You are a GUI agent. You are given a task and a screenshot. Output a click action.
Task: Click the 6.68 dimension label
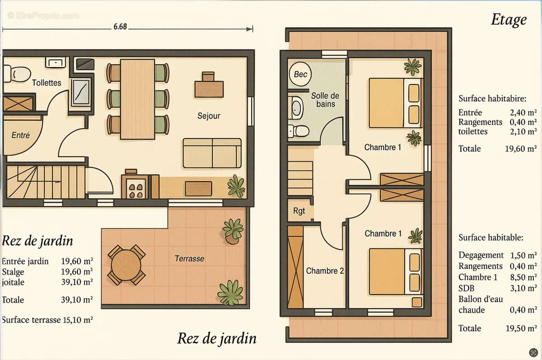tap(120, 27)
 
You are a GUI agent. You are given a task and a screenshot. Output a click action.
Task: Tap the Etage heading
tap(509, 20)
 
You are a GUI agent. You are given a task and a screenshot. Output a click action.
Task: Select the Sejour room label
tap(209, 116)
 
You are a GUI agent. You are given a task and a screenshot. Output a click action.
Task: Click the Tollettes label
tap(47, 83)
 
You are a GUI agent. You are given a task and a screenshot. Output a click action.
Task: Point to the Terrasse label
tap(189, 259)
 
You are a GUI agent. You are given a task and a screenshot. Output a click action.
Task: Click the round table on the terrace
tap(126, 265)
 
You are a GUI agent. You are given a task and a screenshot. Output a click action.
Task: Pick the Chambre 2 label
tap(325, 271)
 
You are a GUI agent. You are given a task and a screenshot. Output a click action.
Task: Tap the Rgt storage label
tap(299, 210)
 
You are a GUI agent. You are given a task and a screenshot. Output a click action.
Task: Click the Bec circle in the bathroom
tap(300, 75)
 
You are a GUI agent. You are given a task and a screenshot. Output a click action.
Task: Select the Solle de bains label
tap(325, 100)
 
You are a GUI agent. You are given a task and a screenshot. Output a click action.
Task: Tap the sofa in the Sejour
tap(212, 153)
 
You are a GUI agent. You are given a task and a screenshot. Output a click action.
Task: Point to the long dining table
tap(138, 98)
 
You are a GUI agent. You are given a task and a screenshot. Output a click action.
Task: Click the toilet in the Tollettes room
tap(18, 73)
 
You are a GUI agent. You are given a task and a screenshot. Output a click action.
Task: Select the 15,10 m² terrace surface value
tap(78, 320)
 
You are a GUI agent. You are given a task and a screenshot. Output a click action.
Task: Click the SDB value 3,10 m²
tap(523, 288)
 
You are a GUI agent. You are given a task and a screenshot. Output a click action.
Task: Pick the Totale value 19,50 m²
tap(521, 328)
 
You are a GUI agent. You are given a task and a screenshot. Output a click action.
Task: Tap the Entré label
tap(20, 135)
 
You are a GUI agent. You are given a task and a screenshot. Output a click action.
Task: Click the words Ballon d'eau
tap(481, 299)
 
